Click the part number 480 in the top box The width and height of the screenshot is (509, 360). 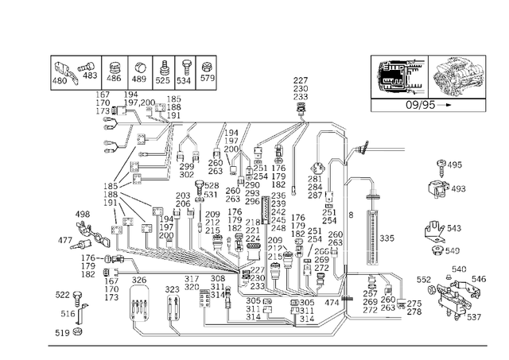point(61,80)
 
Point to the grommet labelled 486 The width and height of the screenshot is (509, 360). point(113,65)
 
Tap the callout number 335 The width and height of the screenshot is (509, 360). point(387,238)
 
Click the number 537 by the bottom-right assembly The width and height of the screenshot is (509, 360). point(473,318)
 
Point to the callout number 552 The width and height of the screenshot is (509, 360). point(423,280)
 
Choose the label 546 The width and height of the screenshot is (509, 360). point(479,279)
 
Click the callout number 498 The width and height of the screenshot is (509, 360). point(83,215)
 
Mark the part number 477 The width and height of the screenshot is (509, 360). point(65,239)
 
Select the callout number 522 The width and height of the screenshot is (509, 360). point(62,295)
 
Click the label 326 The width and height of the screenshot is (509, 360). point(138,280)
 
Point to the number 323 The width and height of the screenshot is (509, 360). point(173,291)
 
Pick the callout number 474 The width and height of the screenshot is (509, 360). point(332,303)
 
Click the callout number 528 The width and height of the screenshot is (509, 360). point(211,185)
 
